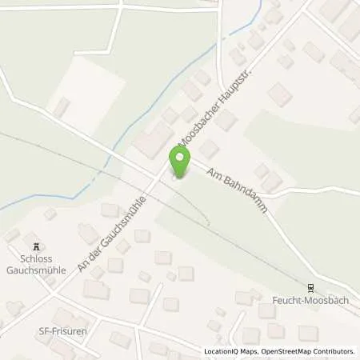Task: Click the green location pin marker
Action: tap(180, 162)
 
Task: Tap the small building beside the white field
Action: tap(61, 107)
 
